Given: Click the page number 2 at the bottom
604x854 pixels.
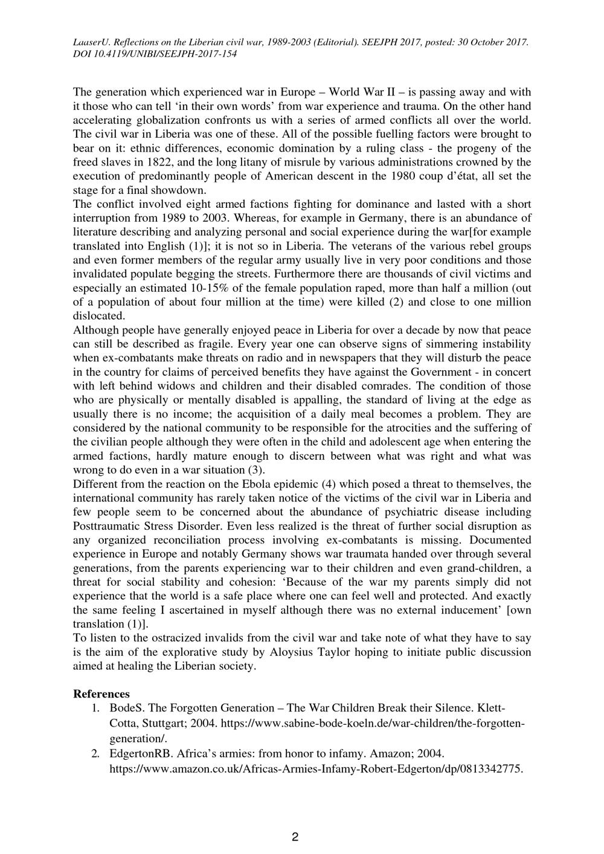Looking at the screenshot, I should pyautogui.click(x=295, y=836).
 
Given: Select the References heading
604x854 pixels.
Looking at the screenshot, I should pyautogui.click(x=101, y=694).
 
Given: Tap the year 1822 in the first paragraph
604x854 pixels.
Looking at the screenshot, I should pyautogui.click(x=159, y=162).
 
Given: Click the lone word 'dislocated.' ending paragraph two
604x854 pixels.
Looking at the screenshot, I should pyautogui.click(x=100, y=316).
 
